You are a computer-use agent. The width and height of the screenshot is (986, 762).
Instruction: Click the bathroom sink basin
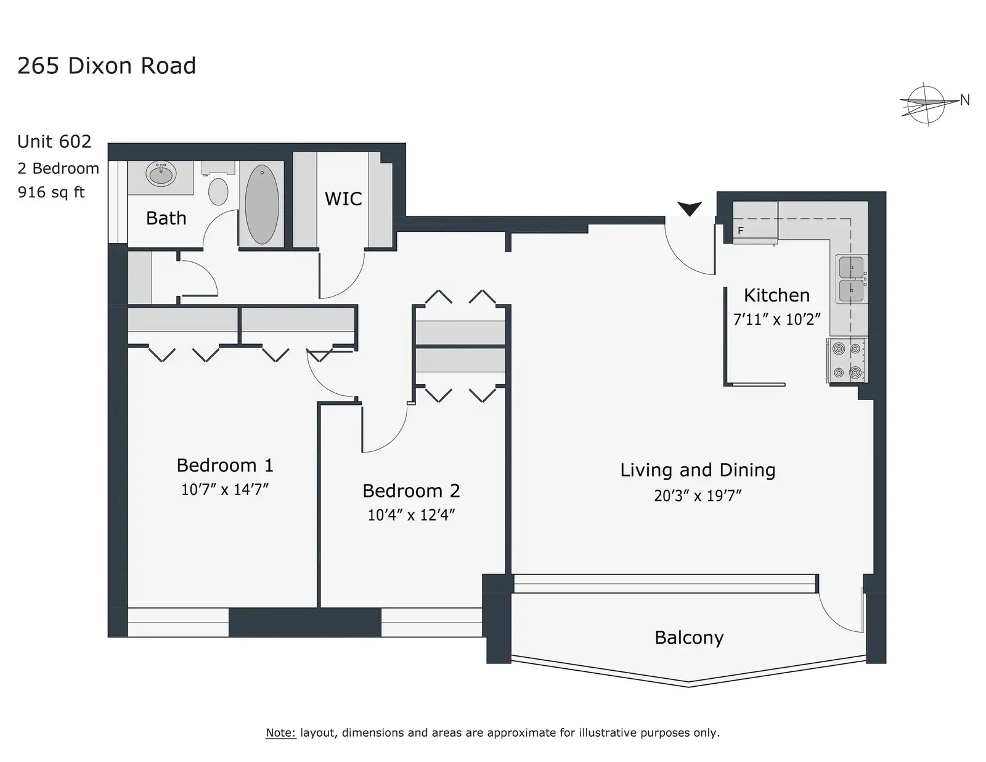(x=161, y=173)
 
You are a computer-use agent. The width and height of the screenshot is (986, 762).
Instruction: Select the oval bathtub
(x=262, y=204)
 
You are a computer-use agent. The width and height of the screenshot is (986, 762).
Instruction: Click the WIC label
(x=343, y=199)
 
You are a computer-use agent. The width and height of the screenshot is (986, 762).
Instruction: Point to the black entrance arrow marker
(x=689, y=209)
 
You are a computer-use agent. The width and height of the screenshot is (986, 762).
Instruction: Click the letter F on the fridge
(x=741, y=231)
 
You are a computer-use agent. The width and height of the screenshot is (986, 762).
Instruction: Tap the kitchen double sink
(x=851, y=279)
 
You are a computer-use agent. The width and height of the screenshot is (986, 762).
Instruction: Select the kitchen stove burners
(x=847, y=361)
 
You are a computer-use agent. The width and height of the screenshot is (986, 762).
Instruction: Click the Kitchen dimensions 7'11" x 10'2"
(x=777, y=319)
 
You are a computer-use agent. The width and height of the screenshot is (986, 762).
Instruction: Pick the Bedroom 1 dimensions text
(x=225, y=490)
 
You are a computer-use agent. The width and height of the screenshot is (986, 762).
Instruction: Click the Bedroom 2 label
(x=411, y=491)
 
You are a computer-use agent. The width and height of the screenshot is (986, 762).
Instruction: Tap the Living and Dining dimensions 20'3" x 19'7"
(x=698, y=495)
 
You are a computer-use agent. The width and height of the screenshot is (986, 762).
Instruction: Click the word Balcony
(x=689, y=638)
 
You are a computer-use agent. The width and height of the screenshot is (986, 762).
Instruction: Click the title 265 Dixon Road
(x=107, y=66)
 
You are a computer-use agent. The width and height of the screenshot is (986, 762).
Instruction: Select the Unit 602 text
(x=54, y=142)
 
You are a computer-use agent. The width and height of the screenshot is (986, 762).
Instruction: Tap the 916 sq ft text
(x=51, y=192)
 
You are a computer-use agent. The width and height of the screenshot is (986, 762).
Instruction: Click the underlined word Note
(x=280, y=732)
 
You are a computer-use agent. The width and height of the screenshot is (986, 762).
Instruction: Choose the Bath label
(x=166, y=218)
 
